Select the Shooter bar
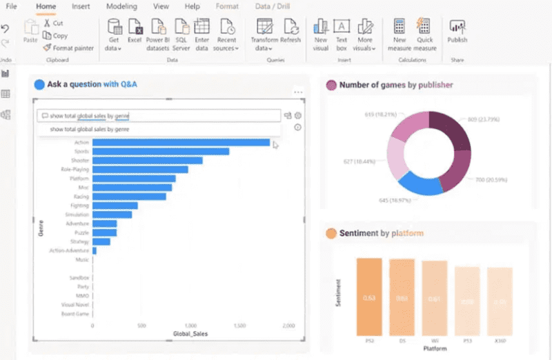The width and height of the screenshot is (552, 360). (x=147, y=160)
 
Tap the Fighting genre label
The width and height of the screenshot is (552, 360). (x=79, y=206)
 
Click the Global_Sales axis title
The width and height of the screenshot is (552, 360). (x=191, y=334)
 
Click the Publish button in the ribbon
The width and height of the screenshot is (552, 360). (x=457, y=31)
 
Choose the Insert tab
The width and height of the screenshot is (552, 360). (x=81, y=6)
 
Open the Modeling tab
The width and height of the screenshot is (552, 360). (x=121, y=6)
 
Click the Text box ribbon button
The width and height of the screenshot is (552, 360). (x=342, y=34)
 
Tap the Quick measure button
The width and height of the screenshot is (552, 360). (x=425, y=34)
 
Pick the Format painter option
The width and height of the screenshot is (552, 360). (x=68, y=48)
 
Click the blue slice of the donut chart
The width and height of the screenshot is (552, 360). (x=417, y=182)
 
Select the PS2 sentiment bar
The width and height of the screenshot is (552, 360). (x=369, y=297)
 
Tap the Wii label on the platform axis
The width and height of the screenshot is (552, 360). (x=435, y=341)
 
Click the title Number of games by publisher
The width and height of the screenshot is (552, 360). (x=396, y=86)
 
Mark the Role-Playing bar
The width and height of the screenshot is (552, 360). (x=140, y=169)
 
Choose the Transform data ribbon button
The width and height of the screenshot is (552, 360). (x=264, y=34)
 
